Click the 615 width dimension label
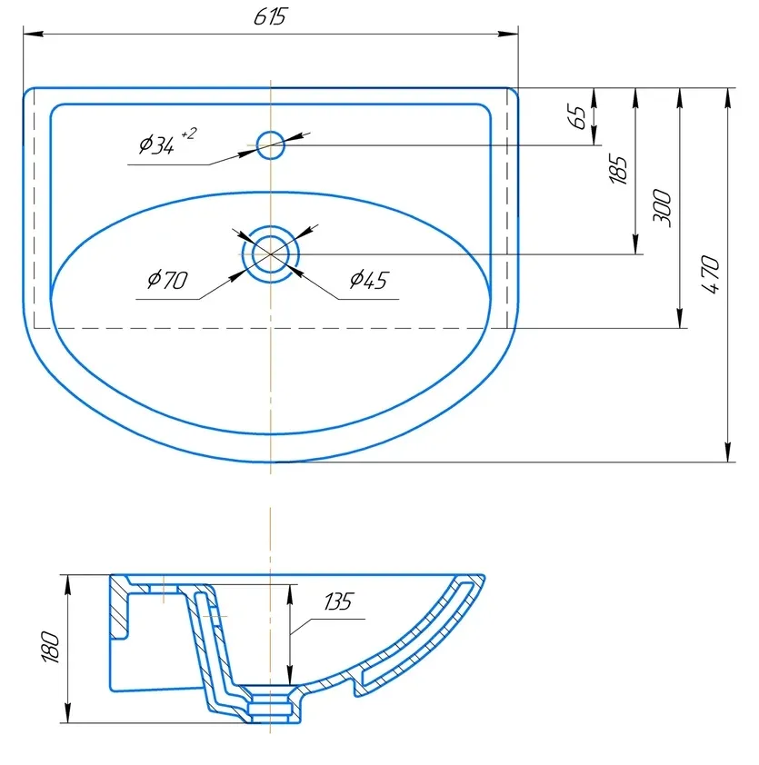[x=270, y=16]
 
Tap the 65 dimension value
[x=577, y=116]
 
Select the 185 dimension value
[x=618, y=170]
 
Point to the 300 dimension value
[x=662, y=208]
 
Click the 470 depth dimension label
[x=710, y=274]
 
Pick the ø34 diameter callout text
[x=156, y=144]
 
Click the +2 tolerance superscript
[x=188, y=134]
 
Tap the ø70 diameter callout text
[x=167, y=280]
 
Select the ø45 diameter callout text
[x=368, y=280]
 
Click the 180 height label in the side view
[x=51, y=647]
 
